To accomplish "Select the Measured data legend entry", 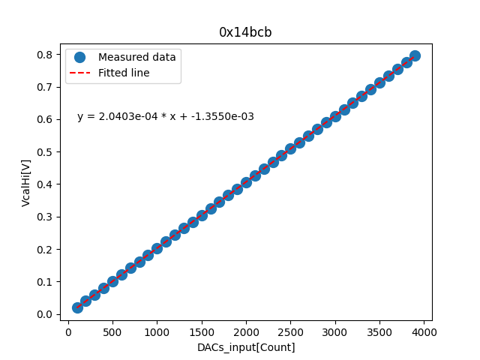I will click(136, 57).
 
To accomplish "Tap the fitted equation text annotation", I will click(166, 117).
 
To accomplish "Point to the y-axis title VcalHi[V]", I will click(26, 182).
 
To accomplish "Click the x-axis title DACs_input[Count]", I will click(246, 347).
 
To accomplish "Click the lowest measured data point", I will click(77, 307).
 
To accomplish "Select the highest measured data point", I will click(415, 56).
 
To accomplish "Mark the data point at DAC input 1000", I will click(157, 248).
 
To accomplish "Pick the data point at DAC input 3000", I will click(335, 116).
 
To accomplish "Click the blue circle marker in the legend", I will click(81, 57).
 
